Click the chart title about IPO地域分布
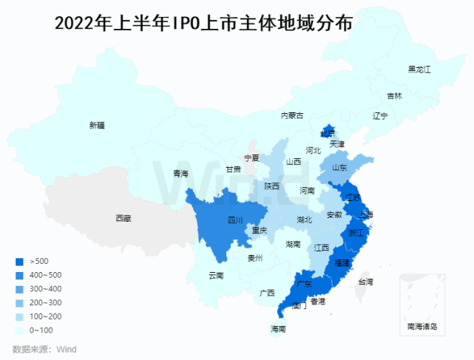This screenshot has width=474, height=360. (203, 24)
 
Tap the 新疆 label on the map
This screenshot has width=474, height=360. (97, 126)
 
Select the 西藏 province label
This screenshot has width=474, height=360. (123, 218)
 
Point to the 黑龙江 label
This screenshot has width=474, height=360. (419, 69)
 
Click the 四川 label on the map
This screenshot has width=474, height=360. (235, 220)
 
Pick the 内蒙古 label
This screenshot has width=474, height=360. (291, 115)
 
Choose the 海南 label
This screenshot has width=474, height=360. (278, 329)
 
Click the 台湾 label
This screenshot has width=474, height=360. (365, 282)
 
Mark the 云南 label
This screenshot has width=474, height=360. (216, 276)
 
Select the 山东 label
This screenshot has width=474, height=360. (339, 168)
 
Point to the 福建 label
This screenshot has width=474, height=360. (342, 262)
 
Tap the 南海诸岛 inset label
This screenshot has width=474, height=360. (422, 326)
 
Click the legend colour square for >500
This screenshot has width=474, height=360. (19, 261)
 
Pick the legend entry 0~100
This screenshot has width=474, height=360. (41, 330)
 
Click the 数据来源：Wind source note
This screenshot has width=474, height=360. (44, 349)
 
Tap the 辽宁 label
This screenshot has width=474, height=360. (380, 116)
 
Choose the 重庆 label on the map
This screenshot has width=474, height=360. (259, 231)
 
